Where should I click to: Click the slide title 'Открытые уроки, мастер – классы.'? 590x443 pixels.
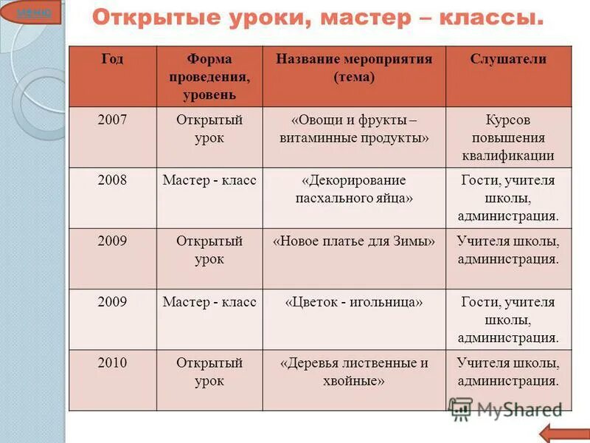tap(318, 18)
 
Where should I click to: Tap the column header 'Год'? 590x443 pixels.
tap(112, 60)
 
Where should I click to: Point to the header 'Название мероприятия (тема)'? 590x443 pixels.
tap(354, 68)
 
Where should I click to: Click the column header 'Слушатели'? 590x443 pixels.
tap(508, 60)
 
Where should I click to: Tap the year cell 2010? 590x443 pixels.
tap(112, 363)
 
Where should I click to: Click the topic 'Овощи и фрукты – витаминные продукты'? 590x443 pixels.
tap(354, 129)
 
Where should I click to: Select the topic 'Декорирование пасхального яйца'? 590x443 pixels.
tap(354, 190)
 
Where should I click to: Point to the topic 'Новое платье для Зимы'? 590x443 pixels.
tap(354, 241)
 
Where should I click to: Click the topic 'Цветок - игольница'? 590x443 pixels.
tap(354, 302)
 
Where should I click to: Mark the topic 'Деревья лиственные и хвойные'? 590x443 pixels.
tap(354, 372)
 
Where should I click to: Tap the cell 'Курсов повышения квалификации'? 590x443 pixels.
tap(508, 137)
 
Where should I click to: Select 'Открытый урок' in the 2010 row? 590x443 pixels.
tap(209, 372)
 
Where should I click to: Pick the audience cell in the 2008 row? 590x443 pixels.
tap(508, 198)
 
